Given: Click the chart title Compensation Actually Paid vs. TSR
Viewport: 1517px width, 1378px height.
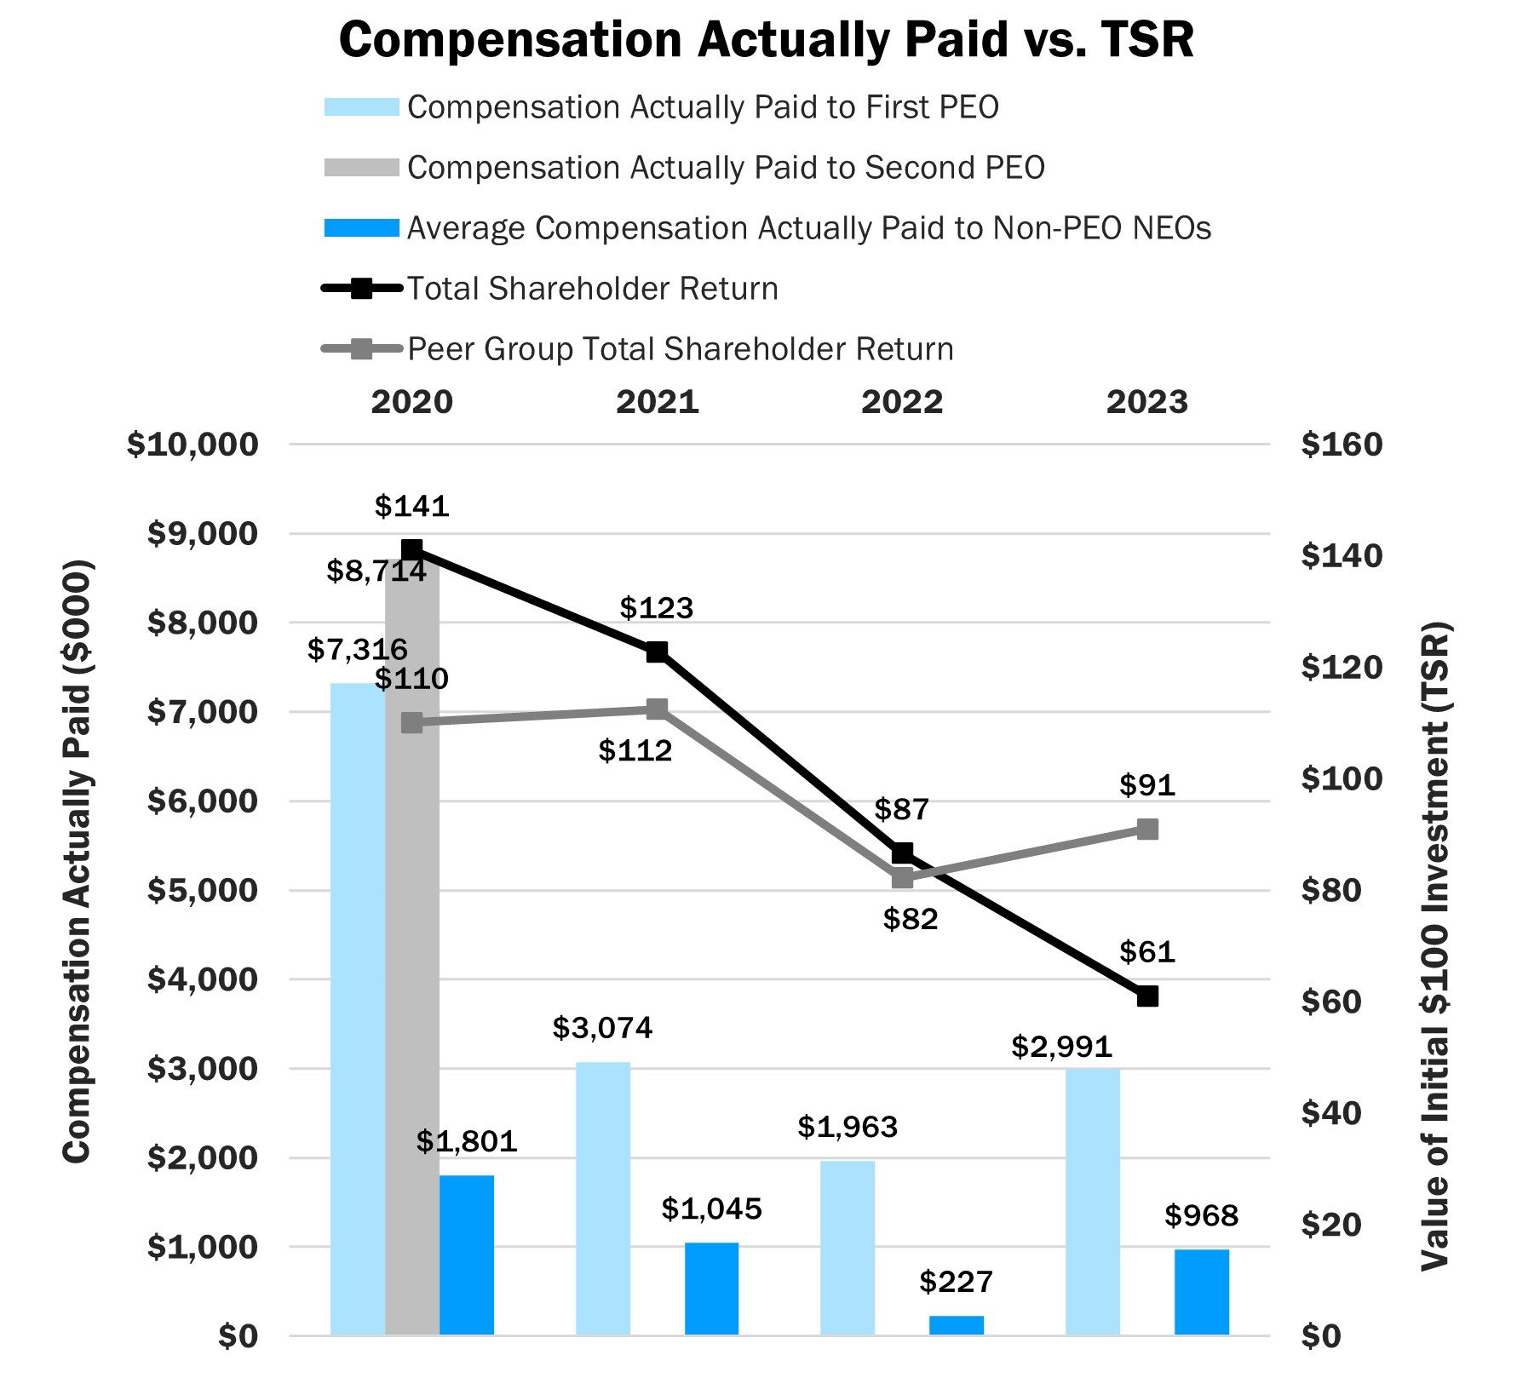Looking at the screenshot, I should [x=766, y=40].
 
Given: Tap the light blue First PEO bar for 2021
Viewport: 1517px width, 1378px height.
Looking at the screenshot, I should [x=603, y=1197].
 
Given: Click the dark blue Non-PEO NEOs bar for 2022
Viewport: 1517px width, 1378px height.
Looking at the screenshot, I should [x=956, y=1325].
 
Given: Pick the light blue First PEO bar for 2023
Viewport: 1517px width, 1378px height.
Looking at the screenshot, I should [x=1092, y=1201].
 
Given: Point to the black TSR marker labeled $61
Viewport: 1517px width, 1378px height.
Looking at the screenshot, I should [x=1147, y=996].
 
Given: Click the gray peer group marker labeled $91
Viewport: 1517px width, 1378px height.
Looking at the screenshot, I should [x=1147, y=830].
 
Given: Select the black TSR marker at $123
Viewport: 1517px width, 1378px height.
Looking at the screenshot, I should [x=656, y=652].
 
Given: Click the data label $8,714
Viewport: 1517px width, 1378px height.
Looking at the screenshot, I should [x=376, y=571].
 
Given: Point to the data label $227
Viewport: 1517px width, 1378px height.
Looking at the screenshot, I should [x=956, y=1281].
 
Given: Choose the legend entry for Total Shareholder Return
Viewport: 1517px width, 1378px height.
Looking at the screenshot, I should [x=592, y=289].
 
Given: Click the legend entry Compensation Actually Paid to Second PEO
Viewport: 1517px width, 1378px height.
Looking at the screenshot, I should [x=725, y=168].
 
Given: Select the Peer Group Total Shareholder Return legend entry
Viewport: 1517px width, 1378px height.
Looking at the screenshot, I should [x=680, y=349].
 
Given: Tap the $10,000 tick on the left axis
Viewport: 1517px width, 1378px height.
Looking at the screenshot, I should [x=192, y=445].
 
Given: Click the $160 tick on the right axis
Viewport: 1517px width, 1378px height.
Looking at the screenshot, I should [x=1342, y=445].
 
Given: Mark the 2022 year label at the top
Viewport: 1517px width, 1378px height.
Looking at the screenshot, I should [x=902, y=402].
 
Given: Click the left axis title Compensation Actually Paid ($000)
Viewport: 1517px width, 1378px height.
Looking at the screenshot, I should [x=77, y=860].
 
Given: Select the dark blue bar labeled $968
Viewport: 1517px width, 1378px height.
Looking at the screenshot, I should [x=1201, y=1291].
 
